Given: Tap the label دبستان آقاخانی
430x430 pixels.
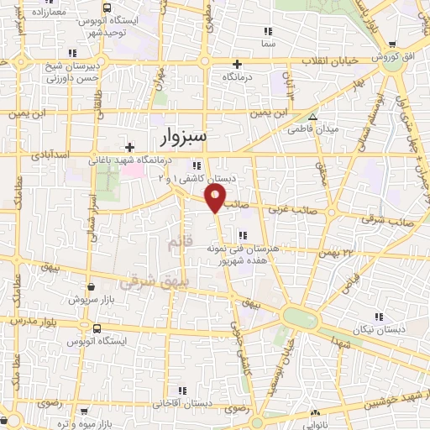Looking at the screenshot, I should click(181, 404).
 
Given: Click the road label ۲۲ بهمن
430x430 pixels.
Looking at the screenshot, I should click(339, 252).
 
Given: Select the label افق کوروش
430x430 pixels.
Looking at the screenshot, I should click(402, 56).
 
